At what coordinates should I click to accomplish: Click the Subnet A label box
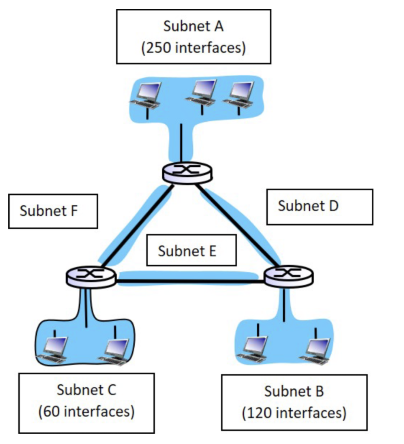point(193,36)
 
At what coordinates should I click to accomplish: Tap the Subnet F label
point(53,211)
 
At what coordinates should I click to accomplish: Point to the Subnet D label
point(319,206)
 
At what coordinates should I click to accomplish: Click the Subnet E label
point(191,251)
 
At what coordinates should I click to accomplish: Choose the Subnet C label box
point(86,403)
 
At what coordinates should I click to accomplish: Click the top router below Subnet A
point(187,172)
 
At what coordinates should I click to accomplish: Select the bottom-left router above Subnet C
point(90,276)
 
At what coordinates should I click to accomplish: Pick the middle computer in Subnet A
point(202,93)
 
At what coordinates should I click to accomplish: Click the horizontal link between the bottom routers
point(190,282)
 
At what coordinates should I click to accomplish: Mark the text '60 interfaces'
point(86,412)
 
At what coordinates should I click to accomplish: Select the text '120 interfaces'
point(294,413)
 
